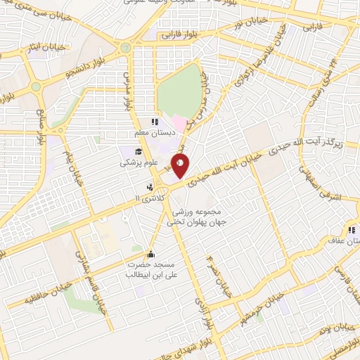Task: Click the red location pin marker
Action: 181,167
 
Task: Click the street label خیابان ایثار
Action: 62,48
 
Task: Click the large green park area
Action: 179,91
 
